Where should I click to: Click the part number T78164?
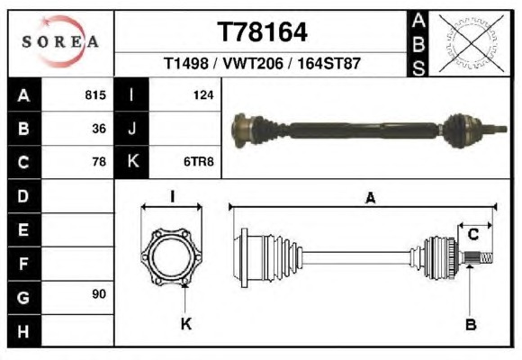click(262, 32)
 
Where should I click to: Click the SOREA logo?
click(60, 41)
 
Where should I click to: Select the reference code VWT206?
click(253, 63)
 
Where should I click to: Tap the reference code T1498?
click(186, 63)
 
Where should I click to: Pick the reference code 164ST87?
click(328, 63)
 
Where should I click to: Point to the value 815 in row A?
click(95, 94)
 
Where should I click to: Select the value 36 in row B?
click(99, 129)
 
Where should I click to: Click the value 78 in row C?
click(99, 162)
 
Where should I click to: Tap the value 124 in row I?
click(203, 95)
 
